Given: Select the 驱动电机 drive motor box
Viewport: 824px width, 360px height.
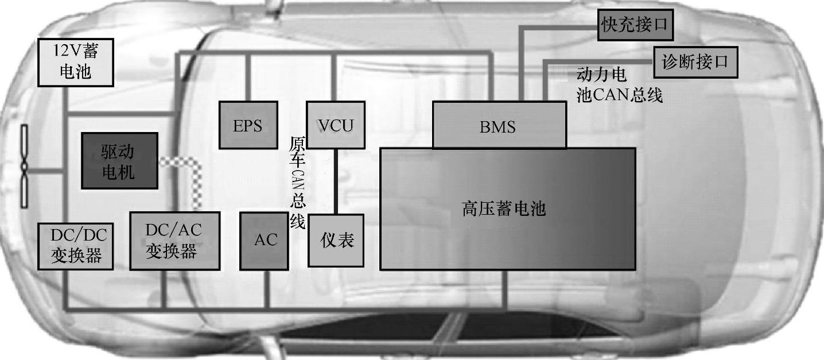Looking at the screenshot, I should (119, 161).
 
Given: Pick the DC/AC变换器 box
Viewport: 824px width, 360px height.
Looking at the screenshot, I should (175, 241).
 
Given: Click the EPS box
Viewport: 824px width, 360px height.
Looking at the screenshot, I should (248, 125).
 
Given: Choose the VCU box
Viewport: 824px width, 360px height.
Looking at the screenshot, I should (336, 125).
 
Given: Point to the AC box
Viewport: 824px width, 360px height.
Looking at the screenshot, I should (264, 241).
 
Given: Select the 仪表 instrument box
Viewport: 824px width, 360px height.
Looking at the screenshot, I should (336, 241).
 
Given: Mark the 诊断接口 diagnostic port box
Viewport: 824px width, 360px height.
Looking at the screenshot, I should (695, 61).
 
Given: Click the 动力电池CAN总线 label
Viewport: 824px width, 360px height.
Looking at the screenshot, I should (619, 85).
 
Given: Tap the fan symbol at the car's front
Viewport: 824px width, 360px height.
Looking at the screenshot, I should (25, 167).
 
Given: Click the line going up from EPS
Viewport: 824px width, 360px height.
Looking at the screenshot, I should (248, 78).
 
